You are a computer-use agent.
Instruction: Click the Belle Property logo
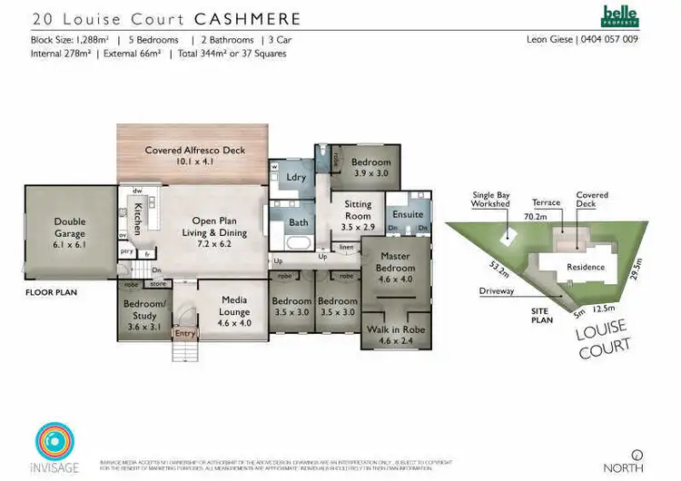coord(621,16)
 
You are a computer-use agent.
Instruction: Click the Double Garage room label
coord(69,226)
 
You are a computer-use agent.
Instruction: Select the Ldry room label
coord(296,178)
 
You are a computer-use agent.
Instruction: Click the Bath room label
coord(299,222)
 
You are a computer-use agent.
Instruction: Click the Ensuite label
coord(408,214)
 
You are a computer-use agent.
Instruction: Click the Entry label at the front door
coord(184,334)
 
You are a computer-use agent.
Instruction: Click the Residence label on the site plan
coord(586,267)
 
